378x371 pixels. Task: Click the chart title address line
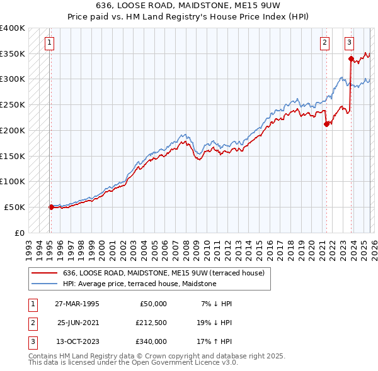188,5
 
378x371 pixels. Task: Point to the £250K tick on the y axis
13,104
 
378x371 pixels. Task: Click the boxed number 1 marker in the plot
49,43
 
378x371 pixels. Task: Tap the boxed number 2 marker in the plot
324,43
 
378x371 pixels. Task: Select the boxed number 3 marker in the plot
349,43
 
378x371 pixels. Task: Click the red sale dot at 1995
51,206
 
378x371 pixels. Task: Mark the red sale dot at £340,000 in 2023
351,58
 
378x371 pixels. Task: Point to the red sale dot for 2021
326,124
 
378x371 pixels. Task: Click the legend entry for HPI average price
139,284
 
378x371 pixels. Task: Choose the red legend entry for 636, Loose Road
167,273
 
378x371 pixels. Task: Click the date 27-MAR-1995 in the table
77,304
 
